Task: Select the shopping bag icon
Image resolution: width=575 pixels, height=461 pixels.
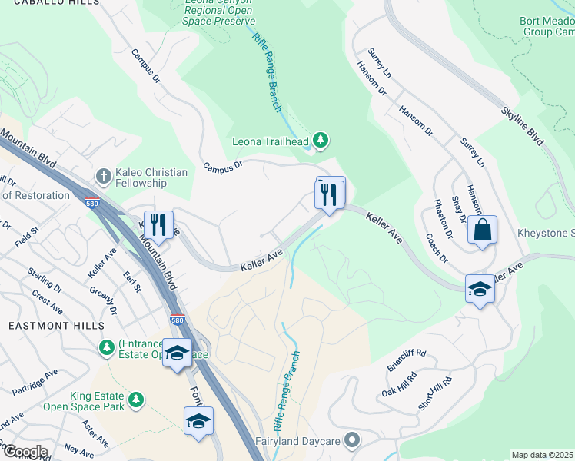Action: [x=481, y=230]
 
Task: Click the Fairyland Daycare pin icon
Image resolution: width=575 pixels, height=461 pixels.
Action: [x=352, y=441]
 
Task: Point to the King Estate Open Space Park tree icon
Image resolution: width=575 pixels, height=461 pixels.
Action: [x=136, y=400]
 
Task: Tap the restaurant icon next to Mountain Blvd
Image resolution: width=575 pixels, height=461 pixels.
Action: [x=158, y=224]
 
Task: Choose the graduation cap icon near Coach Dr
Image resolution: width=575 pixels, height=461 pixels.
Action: [x=480, y=289]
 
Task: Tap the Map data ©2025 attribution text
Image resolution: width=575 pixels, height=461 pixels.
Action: [x=543, y=455]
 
